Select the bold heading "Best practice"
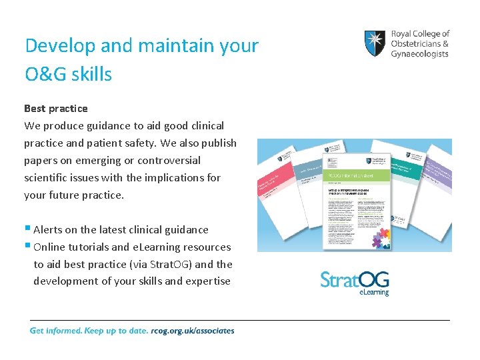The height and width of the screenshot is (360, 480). coord(56,108)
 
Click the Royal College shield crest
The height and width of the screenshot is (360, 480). coord(375,43)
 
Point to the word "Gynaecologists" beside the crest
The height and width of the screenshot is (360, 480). coord(419,54)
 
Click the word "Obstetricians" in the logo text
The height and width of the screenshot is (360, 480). coord(416,43)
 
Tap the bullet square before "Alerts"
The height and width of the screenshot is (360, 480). coord(27,228)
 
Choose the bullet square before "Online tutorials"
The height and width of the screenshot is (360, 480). coord(27,245)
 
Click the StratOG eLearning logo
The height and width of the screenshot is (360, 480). coord(355,283)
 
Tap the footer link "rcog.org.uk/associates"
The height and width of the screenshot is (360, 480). coord(193,331)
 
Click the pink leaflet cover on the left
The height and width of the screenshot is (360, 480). coord(273,193)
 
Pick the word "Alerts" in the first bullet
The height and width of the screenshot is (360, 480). coord(48,229)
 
